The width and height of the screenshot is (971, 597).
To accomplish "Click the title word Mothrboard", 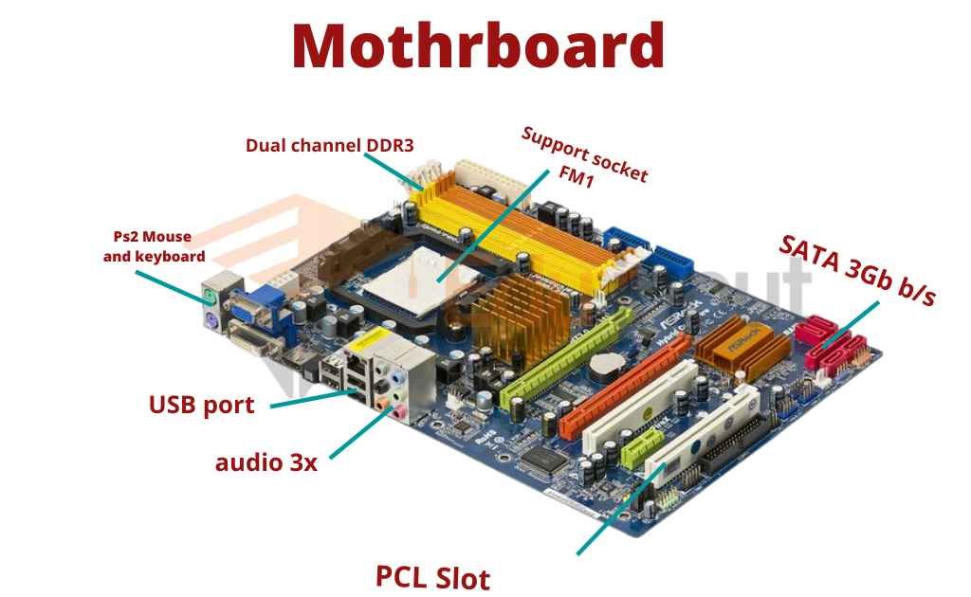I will point(477,45).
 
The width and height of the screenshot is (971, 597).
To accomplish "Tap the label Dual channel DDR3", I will point(329,146).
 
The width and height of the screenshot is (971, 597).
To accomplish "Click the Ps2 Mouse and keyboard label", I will point(154,246).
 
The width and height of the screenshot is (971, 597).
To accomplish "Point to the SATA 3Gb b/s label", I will point(857,269).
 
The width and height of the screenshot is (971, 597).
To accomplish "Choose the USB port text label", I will point(201,406).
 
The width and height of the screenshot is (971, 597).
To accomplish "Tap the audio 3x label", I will point(266,462).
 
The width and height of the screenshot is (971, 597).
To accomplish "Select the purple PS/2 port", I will point(211,323).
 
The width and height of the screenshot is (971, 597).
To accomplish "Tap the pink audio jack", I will point(401,410).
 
